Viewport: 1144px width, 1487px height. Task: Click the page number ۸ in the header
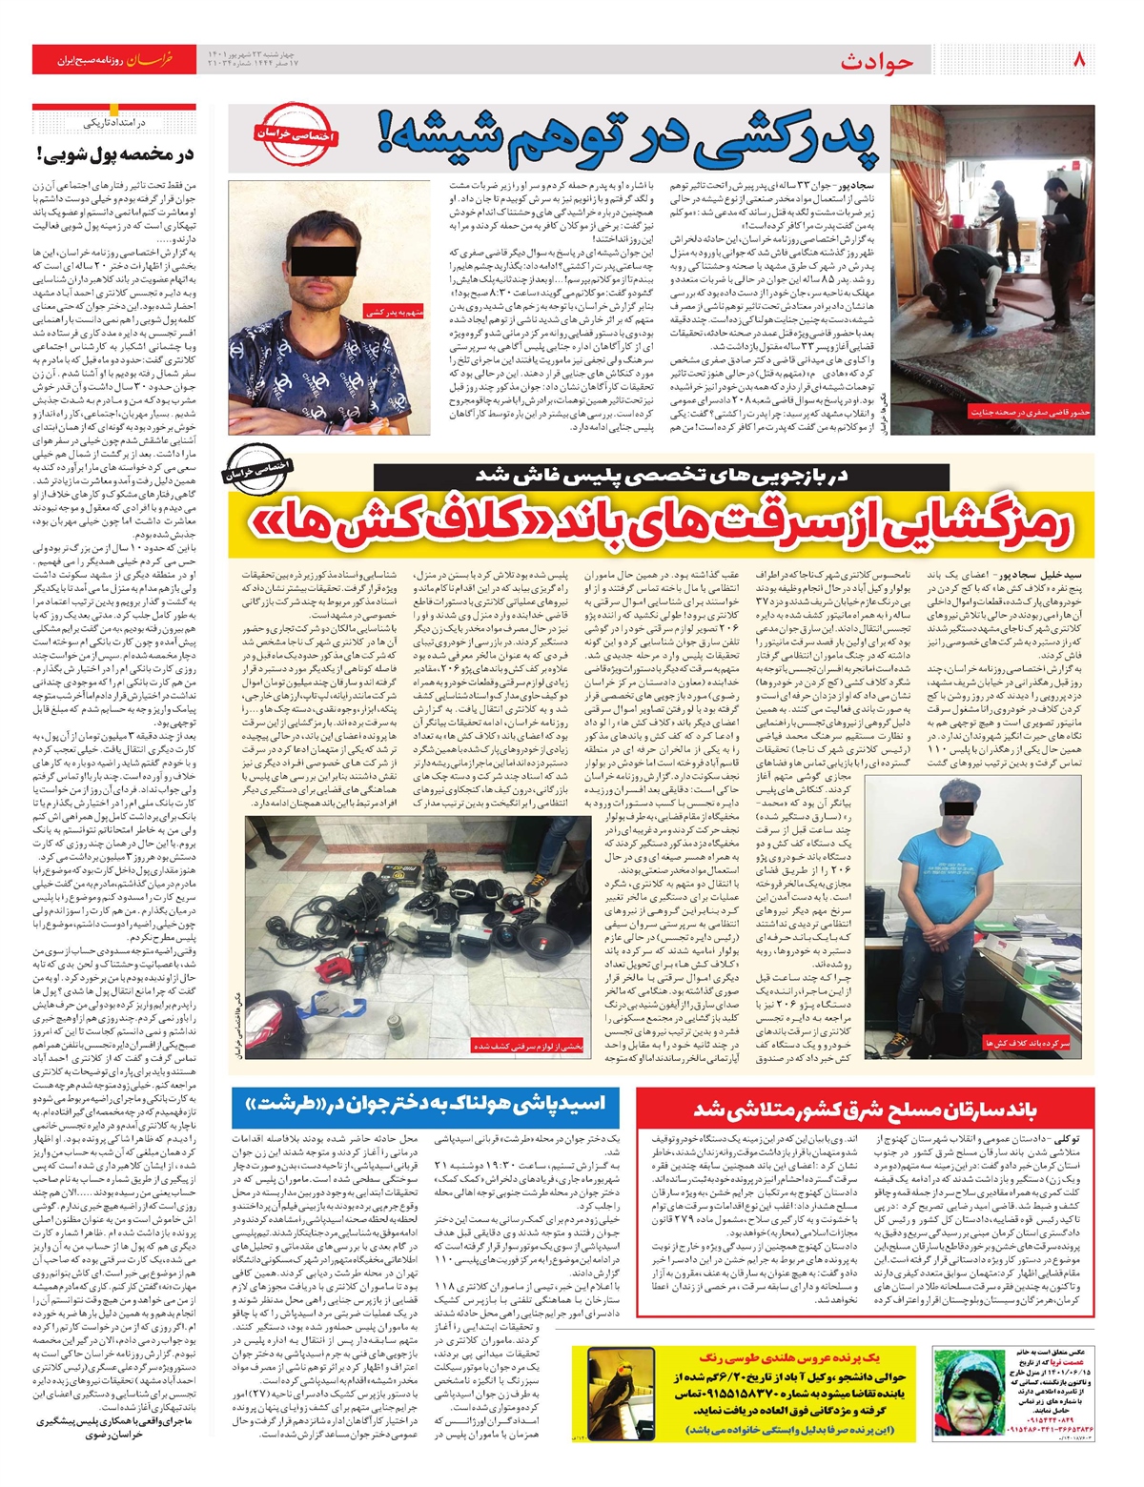[1080, 59]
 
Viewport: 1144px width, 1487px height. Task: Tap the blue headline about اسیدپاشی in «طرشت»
[424, 1105]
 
